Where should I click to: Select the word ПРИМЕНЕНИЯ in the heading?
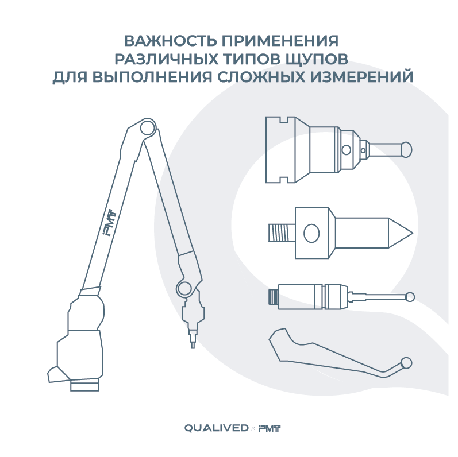click(x=280, y=41)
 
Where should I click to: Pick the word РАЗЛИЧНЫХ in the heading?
click(x=166, y=59)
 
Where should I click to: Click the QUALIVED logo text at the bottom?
click(x=217, y=428)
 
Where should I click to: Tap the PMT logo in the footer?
click(x=270, y=428)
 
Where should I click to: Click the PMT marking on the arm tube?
click(x=110, y=223)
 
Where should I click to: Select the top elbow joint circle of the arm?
click(x=147, y=127)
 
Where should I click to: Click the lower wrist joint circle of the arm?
click(x=184, y=288)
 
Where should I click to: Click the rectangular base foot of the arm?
click(x=84, y=385)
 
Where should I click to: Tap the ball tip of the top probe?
click(x=406, y=150)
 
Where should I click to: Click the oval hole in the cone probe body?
click(x=311, y=233)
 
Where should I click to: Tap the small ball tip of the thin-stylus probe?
click(x=410, y=297)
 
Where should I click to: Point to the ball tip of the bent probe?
click(x=406, y=363)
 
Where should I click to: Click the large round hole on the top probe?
click(x=346, y=150)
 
